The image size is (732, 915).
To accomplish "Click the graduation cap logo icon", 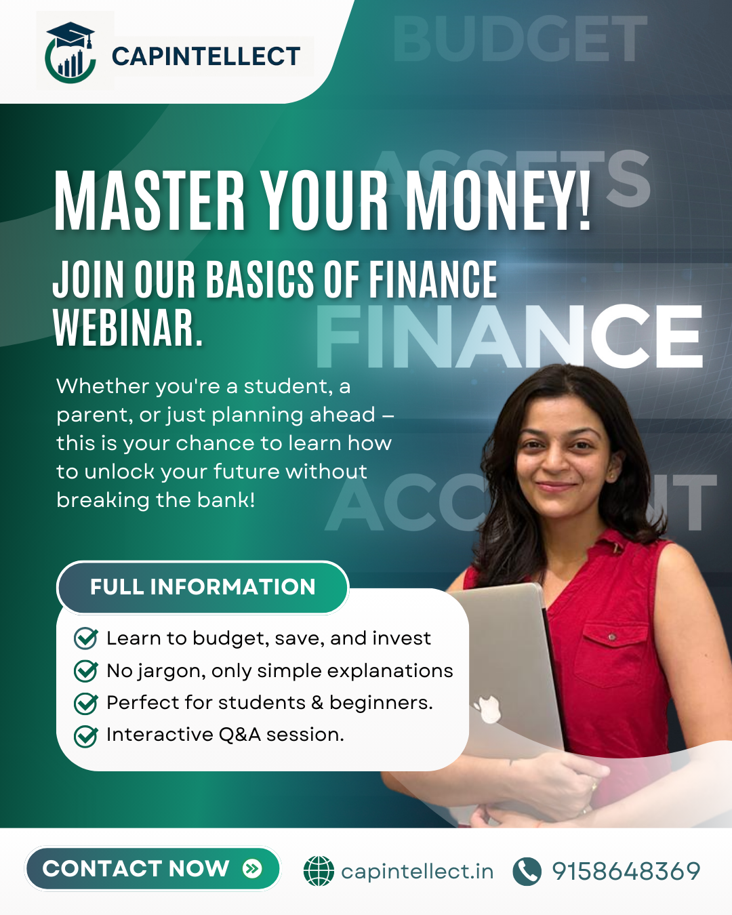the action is (x=70, y=52).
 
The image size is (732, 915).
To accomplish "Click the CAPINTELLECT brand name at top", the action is (x=206, y=56).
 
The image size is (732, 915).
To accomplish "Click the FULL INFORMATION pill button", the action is (x=203, y=587).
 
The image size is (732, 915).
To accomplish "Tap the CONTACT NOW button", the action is (x=152, y=869).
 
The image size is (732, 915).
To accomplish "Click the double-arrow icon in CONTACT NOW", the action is (x=252, y=868).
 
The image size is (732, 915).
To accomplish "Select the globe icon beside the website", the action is (x=319, y=871).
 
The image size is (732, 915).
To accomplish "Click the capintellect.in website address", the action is (x=418, y=872).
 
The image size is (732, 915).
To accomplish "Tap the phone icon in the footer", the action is (x=527, y=871).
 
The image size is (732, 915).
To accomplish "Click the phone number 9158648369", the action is (x=626, y=871).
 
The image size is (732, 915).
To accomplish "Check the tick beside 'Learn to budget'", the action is (x=86, y=638).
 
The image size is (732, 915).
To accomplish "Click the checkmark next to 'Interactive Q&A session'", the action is (x=86, y=736).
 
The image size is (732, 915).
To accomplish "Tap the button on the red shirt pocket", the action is (x=612, y=636).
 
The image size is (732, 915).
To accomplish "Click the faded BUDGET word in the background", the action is (x=520, y=38).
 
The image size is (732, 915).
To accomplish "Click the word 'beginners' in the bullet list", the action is (x=381, y=703).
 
